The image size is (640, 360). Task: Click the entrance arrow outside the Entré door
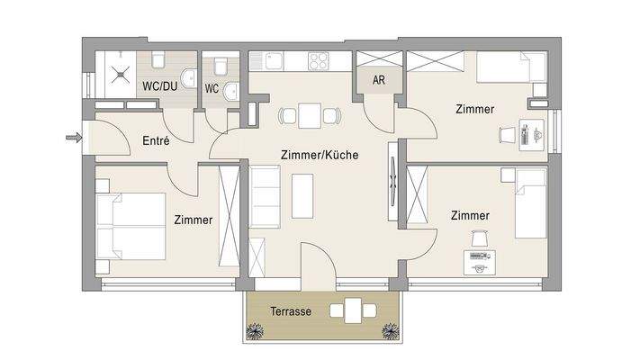click(x=73, y=138)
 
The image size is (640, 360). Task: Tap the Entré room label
click(x=157, y=140)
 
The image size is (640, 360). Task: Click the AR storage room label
click(x=378, y=80)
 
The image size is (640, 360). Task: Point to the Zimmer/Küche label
click(x=319, y=155)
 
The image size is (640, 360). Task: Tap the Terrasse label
click(x=290, y=310)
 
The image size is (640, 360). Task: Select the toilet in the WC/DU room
click(x=158, y=60)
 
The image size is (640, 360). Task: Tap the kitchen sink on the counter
click(x=266, y=61)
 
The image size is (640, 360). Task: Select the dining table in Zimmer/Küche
click(x=310, y=115)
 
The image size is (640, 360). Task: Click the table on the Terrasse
click(x=354, y=312)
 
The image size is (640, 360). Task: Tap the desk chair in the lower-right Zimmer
click(x=477, y=238)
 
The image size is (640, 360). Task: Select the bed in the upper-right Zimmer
click(x=510, y=67)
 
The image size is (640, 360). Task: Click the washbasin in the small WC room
click(x=230, y=89)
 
